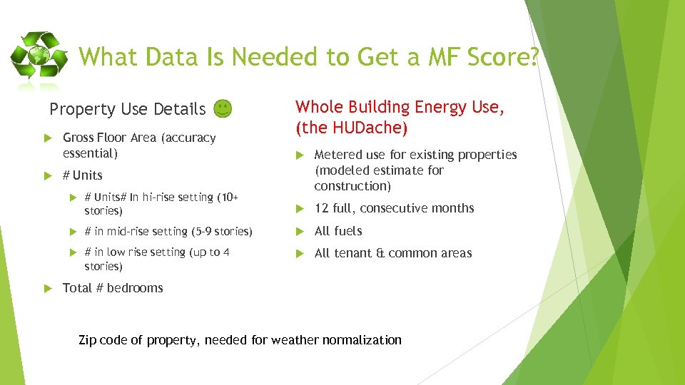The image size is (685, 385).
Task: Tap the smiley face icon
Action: [223, 108]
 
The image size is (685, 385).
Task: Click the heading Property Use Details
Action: [127, 109]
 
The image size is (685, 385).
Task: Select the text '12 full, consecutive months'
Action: [394, 208]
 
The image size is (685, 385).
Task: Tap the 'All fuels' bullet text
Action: [338, 231]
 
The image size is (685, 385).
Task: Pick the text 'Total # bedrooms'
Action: [113, 288]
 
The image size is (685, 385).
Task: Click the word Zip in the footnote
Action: [87, 340]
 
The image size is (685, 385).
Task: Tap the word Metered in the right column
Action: [338, 155]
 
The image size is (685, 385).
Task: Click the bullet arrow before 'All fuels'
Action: [300, 231]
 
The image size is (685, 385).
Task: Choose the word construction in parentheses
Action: [352, 186]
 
